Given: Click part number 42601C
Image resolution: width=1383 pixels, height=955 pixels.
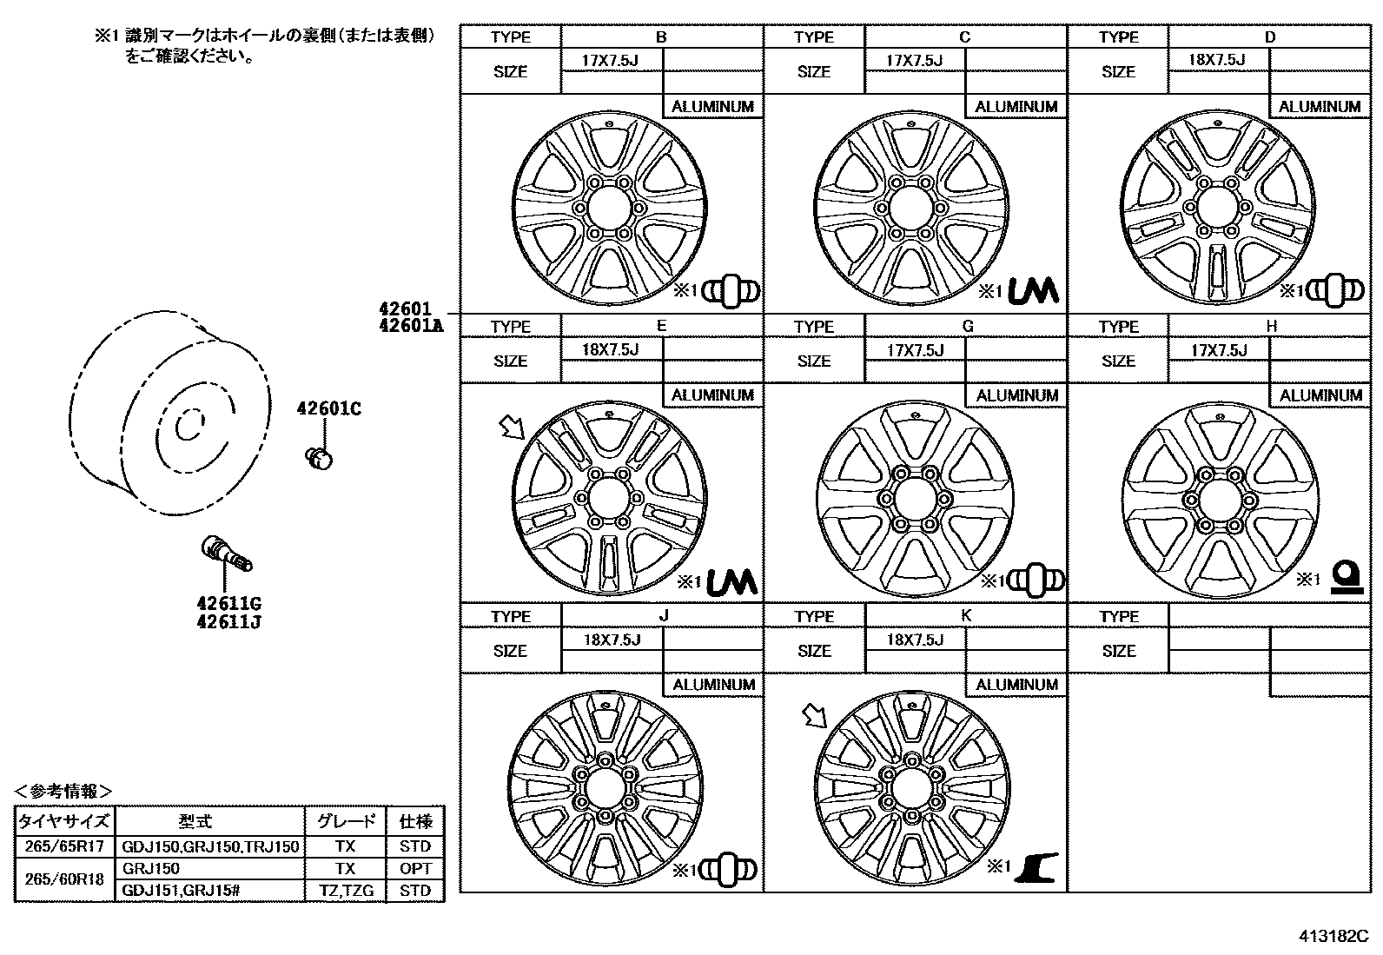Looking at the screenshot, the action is (x=328, y=408).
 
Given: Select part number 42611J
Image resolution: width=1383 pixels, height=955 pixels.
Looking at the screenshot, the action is (x=228, y=622).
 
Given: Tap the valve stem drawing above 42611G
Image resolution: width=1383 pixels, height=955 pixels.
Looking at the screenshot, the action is (x=226, y=554).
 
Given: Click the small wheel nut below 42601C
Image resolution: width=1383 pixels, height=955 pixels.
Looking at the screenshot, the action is (x=320, y=457).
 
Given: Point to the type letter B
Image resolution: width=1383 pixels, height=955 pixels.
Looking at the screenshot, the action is (x=661, y=36).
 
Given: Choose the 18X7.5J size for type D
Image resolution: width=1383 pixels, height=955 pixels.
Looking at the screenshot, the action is (x=1216, y=60).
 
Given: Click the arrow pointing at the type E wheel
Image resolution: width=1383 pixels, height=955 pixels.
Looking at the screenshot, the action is (x=511, y=427).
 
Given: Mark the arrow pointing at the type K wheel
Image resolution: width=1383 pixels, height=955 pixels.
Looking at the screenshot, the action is (x=814, y=716).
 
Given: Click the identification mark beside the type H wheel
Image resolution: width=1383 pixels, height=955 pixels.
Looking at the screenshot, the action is (x=1347, y=577).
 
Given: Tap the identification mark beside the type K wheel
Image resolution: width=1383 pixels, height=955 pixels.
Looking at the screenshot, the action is (x=1034, y=867).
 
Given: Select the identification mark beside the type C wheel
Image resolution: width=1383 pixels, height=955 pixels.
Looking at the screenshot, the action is (x=1033, y=291).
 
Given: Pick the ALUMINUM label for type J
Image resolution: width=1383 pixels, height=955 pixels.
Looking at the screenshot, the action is (x=713, y=685).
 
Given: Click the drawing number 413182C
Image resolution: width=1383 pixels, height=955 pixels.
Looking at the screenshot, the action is (x=1333, y=937).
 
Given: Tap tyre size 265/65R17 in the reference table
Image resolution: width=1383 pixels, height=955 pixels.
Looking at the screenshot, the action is (x=65, y=846).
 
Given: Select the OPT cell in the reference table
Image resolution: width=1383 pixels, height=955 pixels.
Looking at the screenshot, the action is (x=414, y=868).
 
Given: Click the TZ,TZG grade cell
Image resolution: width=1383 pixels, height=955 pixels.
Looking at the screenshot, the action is (x=345, y=891).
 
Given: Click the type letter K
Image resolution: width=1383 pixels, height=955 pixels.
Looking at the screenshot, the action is (x=965, y=615).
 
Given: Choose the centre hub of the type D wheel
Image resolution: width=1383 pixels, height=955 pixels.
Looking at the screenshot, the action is (x=1216, y=208).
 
